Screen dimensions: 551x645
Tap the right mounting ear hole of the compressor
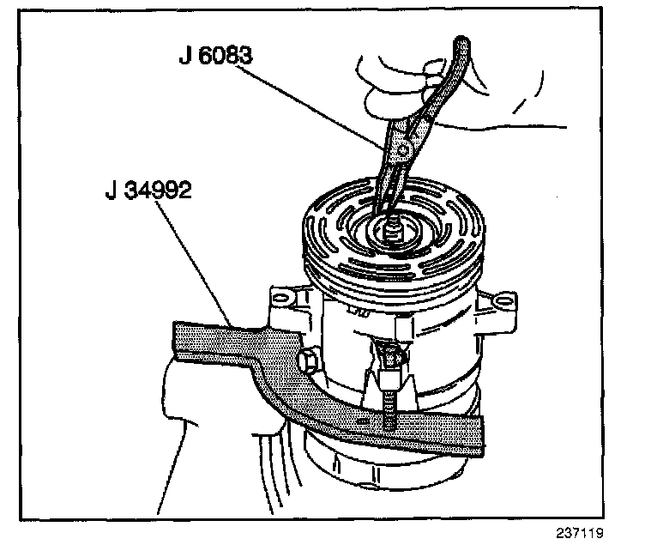point(504,302)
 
